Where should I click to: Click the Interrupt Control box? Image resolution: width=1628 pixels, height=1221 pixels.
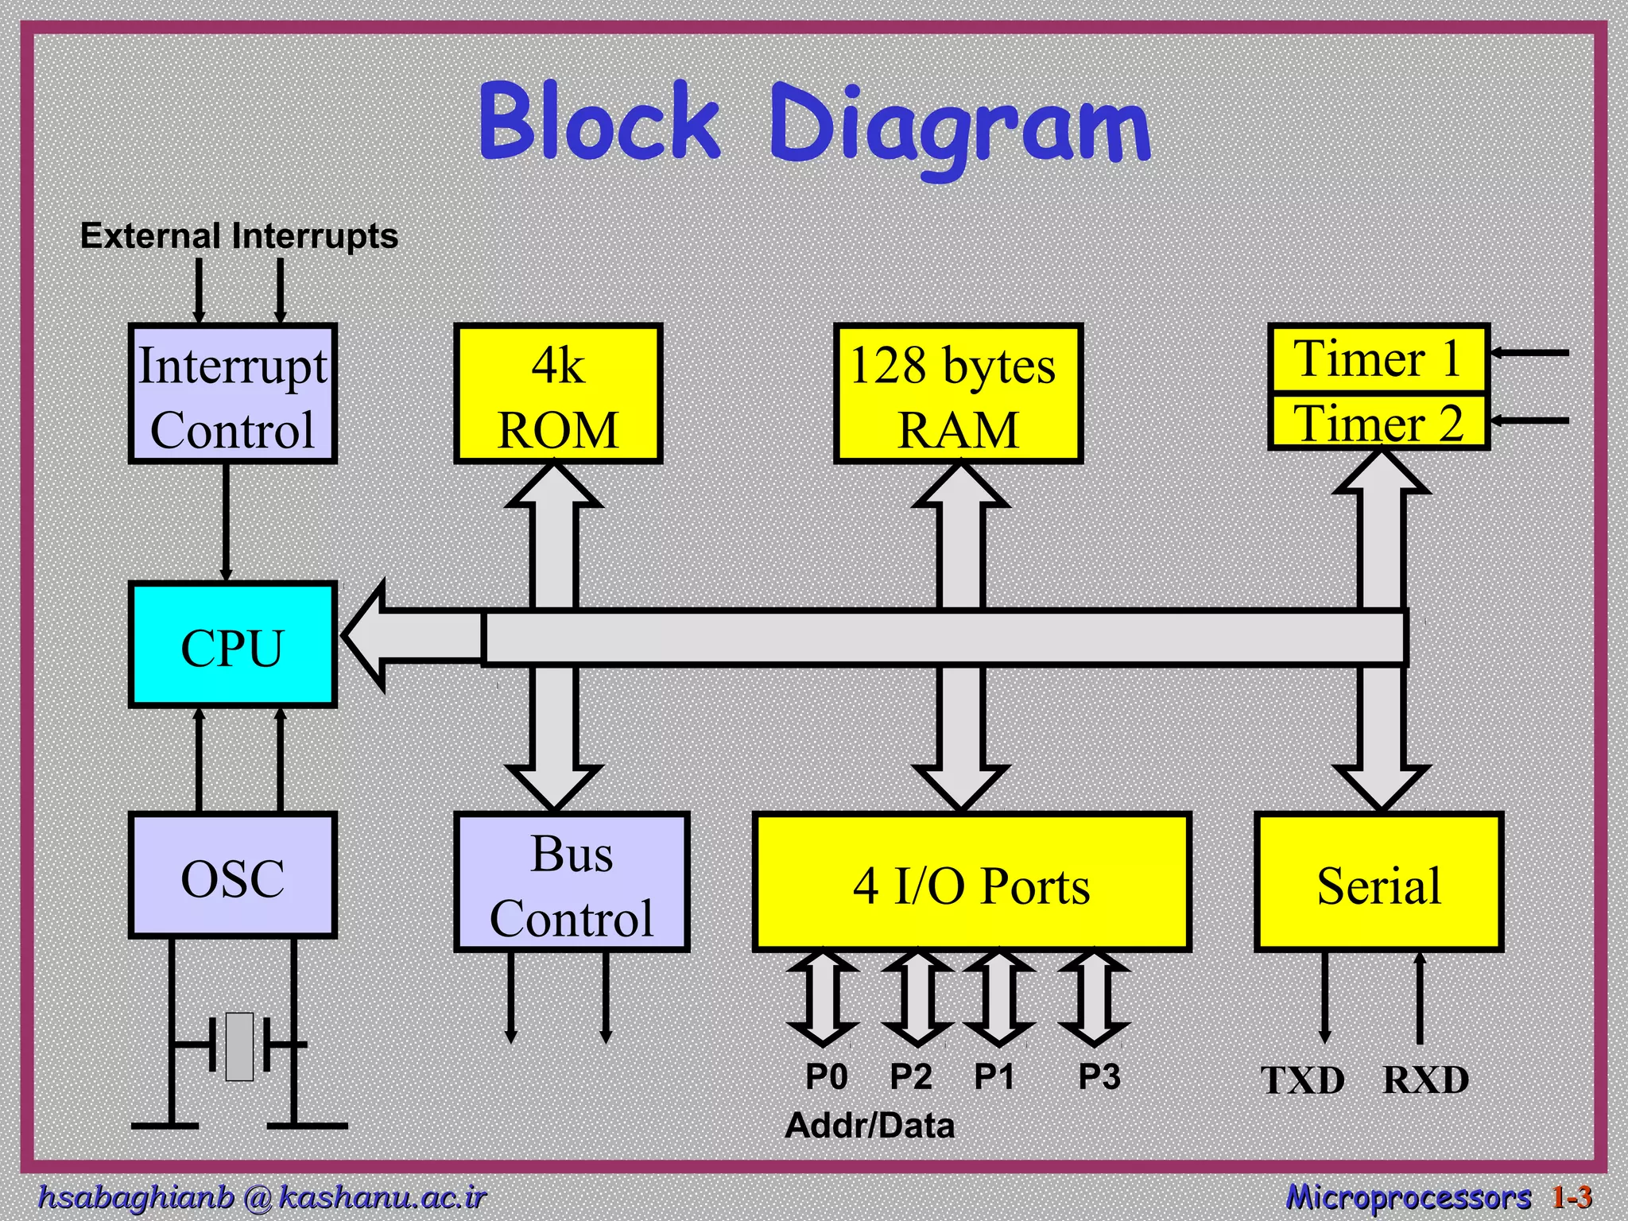(x=233, y=394)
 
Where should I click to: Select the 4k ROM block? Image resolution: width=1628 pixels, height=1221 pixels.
(x=558, y=394)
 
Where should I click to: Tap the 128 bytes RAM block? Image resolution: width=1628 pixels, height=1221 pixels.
(x=959, y=394)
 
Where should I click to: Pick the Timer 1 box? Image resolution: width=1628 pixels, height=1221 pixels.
(x=1379, y=358)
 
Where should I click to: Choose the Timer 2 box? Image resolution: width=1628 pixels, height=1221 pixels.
(x=1379, y=421)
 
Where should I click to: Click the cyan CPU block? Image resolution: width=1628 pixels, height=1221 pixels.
(x=233, y=645)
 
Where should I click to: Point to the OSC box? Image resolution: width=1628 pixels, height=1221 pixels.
(x=233, y=875)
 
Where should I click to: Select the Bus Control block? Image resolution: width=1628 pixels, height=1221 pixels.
(x=572, y=882)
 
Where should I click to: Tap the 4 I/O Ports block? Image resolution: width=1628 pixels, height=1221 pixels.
(x=971, y=882)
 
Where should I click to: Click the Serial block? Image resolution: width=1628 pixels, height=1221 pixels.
(x=1379, y=882)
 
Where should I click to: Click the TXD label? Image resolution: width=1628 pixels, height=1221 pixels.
(x=1303, y=1081)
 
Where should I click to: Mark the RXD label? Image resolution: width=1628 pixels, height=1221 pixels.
(x=1426, y=1080)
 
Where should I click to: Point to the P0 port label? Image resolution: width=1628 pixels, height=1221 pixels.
(x=827, y=1077)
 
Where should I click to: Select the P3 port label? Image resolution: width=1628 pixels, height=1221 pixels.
(x=1099, y=1077)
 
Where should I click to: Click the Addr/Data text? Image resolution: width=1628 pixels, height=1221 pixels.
(x=870, y=1126)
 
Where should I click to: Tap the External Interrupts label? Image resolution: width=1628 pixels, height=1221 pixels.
(x=239, y=236)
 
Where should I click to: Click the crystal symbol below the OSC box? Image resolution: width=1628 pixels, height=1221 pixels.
(x=239, y=1046)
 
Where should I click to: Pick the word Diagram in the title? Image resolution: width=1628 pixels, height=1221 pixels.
(x=960, y=127)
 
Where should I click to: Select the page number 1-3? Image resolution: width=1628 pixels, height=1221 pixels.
(x=1572, y=1196)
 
